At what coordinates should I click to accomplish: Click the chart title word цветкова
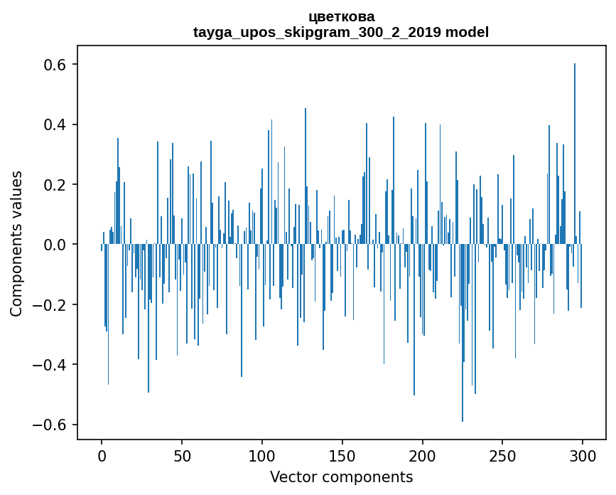341,16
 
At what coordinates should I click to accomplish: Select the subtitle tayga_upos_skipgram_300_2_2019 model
341,32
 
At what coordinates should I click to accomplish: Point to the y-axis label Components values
16,243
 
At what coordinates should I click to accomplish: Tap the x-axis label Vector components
341,477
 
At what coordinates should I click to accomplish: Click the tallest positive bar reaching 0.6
575,142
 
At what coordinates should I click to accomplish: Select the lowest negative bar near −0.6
463,341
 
